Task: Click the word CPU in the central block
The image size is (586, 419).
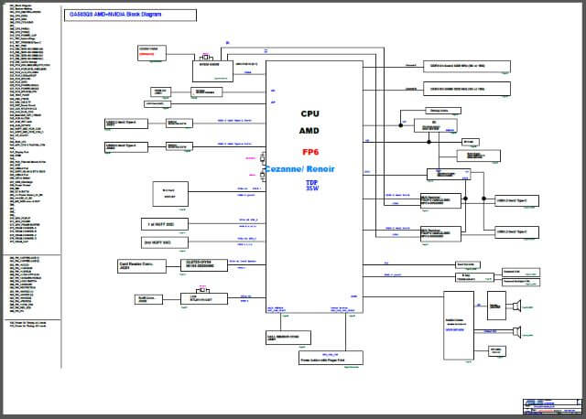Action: [309, 114]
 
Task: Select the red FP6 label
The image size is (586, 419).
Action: [309, 152]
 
